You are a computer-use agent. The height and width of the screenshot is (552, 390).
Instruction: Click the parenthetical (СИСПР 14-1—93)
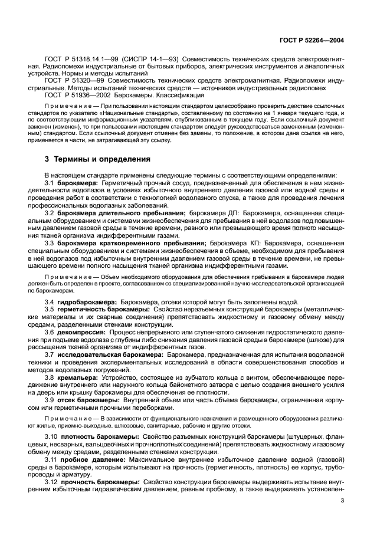pyautogui.click(x=150, y=59)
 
